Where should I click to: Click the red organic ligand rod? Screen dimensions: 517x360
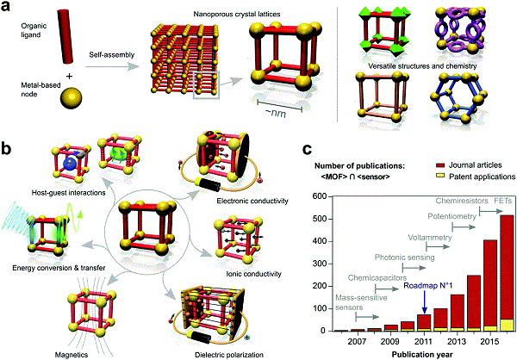click(65, 36)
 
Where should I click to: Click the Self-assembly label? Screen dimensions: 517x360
click(112, 55)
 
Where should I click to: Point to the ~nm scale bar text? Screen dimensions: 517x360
click(277, 114)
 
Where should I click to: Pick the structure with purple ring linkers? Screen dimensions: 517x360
click(460, 33)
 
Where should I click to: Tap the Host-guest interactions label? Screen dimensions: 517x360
click(69, 193)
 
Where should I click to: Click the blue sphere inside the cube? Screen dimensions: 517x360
click(71, 164)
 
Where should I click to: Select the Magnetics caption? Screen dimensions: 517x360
click(72, 355)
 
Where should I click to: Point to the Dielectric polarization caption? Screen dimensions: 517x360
click(229, 355)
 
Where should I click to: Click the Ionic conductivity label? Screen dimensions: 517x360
click(254, 274)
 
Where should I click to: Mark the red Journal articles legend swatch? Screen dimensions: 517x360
click(440, 165)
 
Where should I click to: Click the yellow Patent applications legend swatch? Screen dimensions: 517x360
click(440, 177)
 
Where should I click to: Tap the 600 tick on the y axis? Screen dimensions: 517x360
click(319, 197)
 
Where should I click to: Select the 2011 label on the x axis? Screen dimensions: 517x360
click(424, 341)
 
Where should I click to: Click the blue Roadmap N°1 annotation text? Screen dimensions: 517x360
click(428, 285)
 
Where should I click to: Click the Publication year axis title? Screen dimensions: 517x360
click(422, 354)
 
